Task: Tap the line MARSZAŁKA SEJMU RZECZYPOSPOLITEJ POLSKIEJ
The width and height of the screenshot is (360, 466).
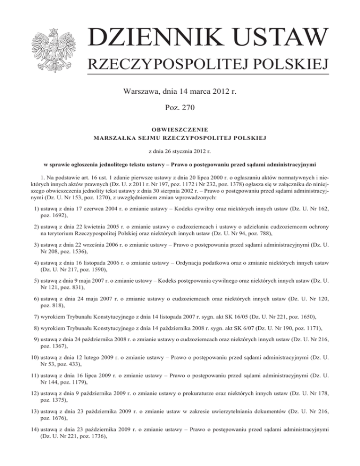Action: coord(180,137)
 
